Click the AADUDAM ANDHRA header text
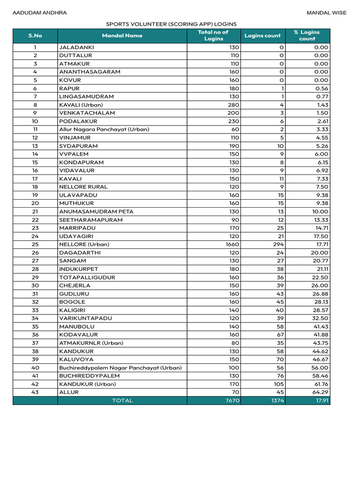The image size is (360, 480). [39, 13]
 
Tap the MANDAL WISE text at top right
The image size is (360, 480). [327, 13]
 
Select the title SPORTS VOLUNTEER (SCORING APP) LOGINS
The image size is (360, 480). [171, 24]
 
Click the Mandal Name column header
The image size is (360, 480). [122, 36]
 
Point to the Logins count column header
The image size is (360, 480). [262, 36]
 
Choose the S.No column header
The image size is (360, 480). [35, 36]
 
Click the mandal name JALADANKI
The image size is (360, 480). [76, 47]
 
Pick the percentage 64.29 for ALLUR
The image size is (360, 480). [321, 392]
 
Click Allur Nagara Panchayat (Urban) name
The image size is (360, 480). [104, 129]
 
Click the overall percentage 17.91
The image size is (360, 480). [321, 401]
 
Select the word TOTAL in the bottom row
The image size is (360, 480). [122, 401]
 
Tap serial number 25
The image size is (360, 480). [35, 244]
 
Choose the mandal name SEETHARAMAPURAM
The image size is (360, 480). [91, 220]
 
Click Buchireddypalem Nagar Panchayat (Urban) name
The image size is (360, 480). [120, 367]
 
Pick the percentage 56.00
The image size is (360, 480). [321, 367]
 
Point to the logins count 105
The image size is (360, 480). [278, 384]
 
